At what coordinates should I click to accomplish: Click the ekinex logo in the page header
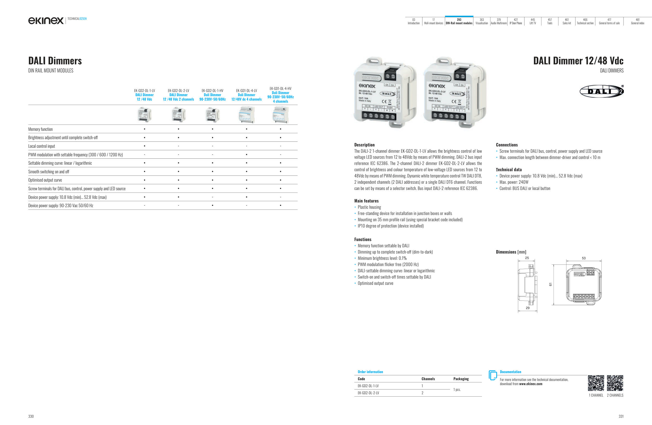[46, 21]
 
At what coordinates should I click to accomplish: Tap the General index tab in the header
[637, 22]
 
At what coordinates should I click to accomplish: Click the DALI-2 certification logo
[601, 91]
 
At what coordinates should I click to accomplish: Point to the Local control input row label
[42, 146]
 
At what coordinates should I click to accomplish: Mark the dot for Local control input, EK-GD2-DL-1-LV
[144, 146]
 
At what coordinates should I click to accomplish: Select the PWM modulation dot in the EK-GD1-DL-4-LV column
[246, 155]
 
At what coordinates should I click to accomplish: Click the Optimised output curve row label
[45, 180]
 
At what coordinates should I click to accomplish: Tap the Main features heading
[366, 201]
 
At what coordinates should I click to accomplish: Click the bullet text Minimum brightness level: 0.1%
[382, 258]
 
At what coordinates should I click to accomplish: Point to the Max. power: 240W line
[514, 182]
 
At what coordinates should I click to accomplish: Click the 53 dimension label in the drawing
[583, 258]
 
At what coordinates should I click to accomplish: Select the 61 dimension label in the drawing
[550, 284]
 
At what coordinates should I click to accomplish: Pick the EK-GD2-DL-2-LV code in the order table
[368, 393]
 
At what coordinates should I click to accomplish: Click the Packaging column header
[461, 379]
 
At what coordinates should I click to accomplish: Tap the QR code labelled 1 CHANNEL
[596, 383]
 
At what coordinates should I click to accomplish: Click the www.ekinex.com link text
[531, 384]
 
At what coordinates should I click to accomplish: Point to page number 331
[621, 416]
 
